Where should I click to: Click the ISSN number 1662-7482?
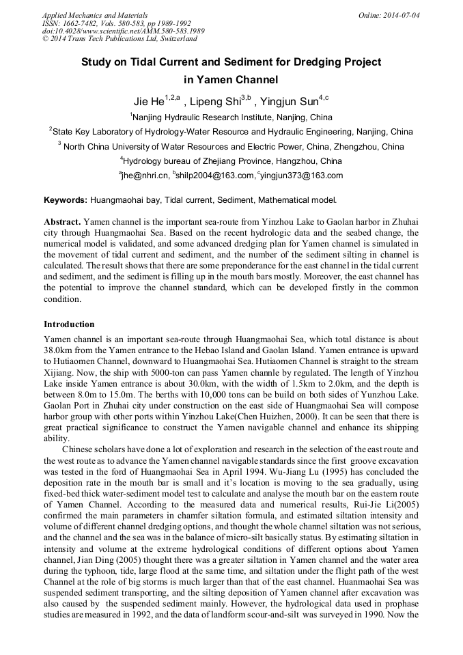80,23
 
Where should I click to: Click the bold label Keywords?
66,200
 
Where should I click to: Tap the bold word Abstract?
63,223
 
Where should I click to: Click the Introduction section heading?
69,324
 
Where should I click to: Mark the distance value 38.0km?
57,348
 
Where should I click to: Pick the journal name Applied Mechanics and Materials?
95,14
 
